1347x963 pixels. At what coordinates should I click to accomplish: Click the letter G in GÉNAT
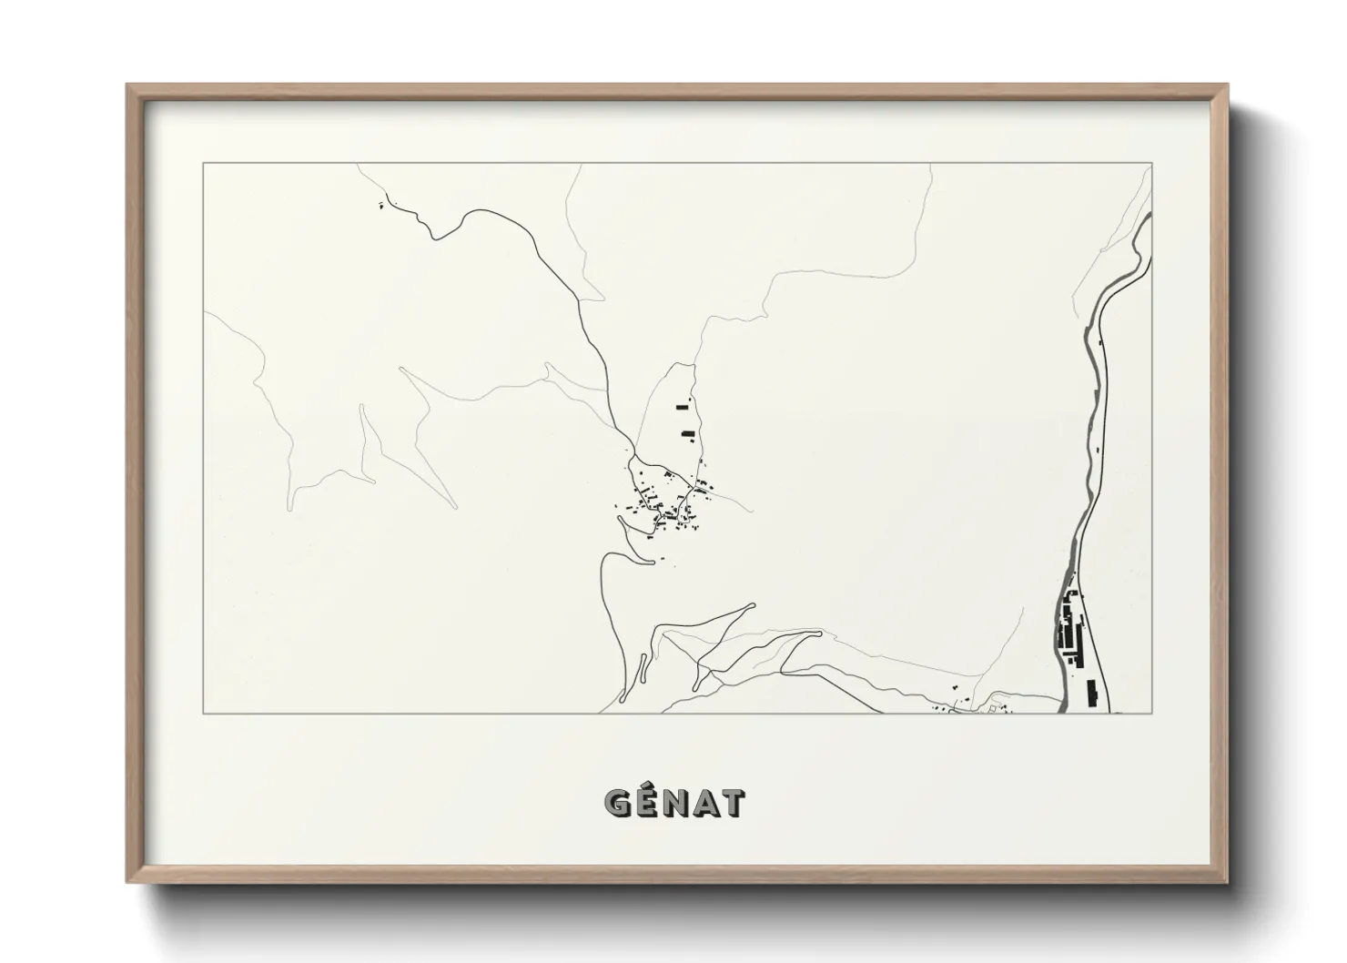point(618,803)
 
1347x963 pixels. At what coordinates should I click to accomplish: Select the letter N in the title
point(675,803)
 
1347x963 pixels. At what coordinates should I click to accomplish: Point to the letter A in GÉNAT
point(704,803)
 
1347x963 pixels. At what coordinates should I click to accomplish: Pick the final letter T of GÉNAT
point(732,803)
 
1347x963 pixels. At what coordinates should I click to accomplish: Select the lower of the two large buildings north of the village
point(688,433)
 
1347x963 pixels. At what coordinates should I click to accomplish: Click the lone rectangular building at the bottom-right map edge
point(1092,693)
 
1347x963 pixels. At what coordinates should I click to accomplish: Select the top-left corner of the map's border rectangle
point(204,164)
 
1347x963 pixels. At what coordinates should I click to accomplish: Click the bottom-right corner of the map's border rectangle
point(1152,713)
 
